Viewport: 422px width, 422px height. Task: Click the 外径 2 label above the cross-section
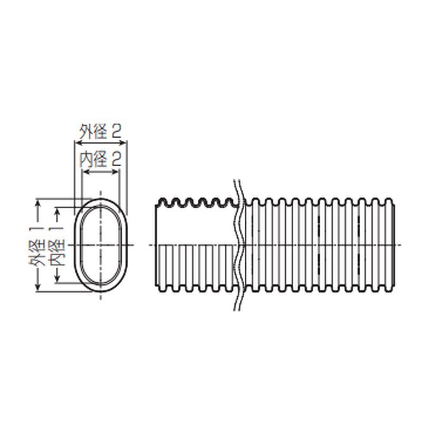[x=100, y=132]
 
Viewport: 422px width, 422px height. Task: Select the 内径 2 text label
[x=100, y=159]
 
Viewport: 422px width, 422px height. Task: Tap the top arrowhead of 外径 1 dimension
[x=38, y=203]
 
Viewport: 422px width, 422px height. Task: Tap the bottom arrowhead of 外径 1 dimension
[x=38, y=287]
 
